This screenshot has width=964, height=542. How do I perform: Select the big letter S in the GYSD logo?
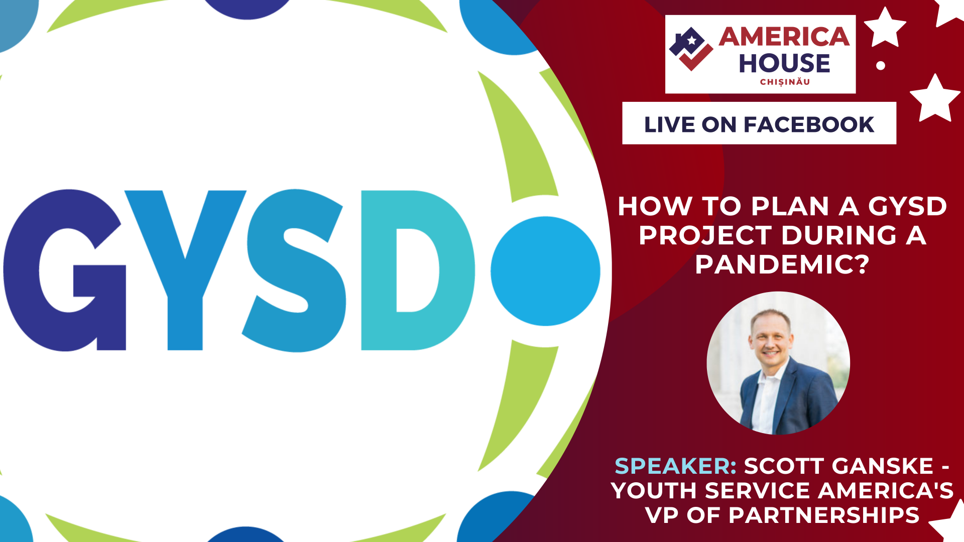[296, 271]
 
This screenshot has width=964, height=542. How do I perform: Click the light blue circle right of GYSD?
[545, 271]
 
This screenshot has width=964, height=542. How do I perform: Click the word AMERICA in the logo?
[784, 37]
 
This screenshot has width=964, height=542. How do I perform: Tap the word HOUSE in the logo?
[784, 63]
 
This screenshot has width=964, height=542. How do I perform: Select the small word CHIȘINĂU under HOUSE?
[785, 82]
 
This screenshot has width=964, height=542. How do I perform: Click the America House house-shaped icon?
[691, 49]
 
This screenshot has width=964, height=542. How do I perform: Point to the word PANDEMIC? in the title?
[782, 264]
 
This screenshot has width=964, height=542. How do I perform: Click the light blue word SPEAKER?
[675, 466]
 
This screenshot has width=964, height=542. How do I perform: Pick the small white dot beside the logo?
[881, 65]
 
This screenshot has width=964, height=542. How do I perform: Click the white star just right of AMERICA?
[885, 28]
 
